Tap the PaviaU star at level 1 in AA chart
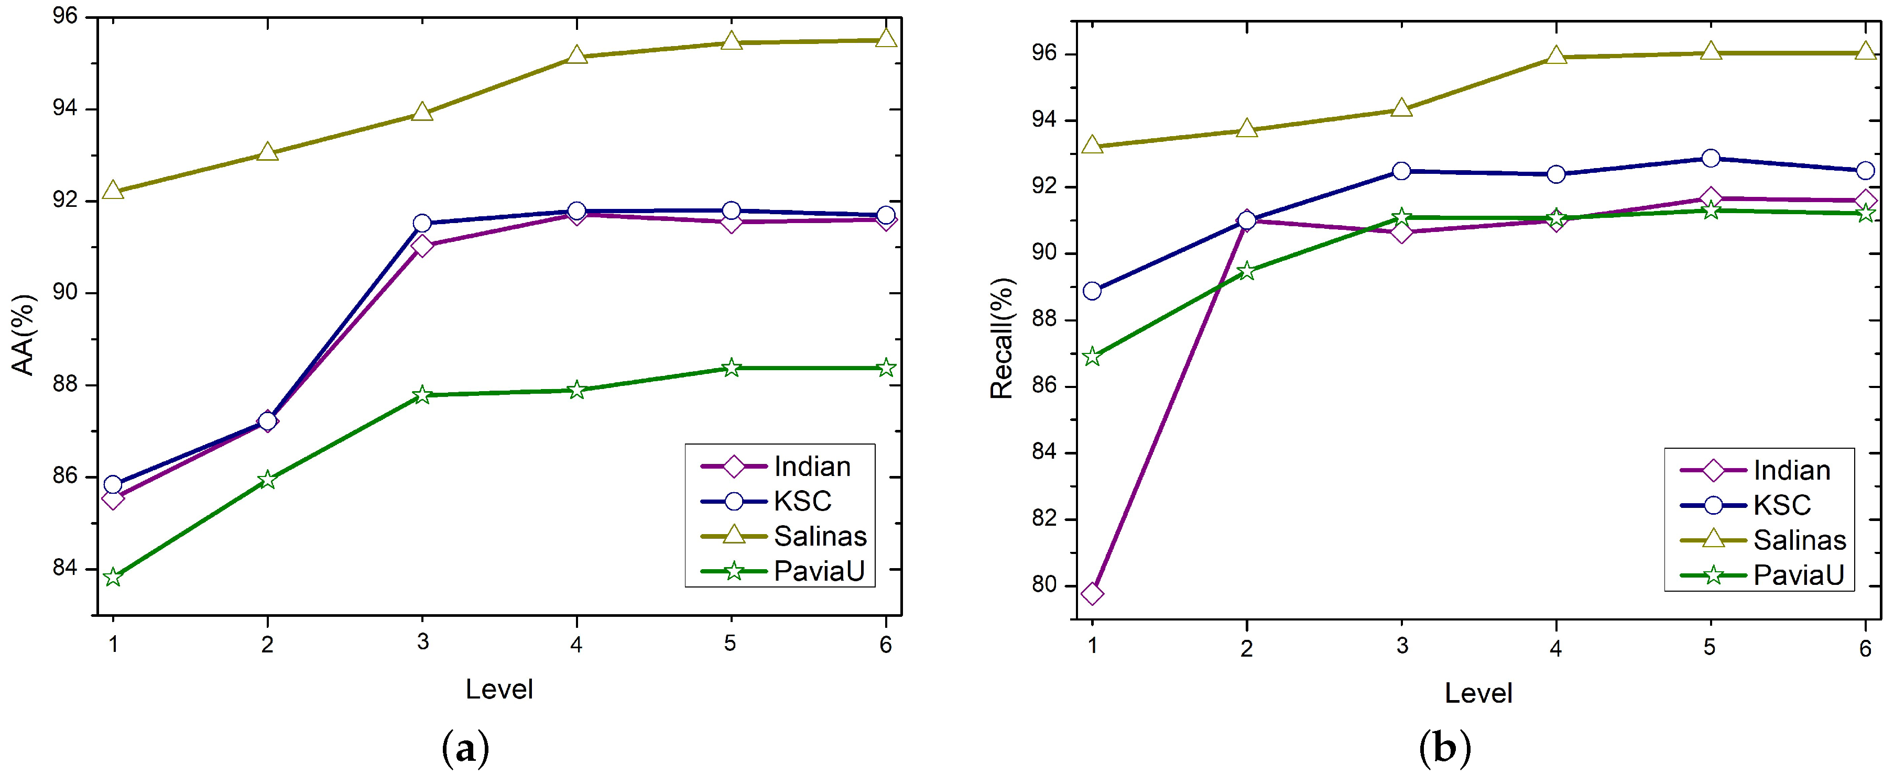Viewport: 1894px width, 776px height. pyautogui.click(x=113, y=578)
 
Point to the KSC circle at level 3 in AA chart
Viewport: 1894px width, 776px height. pyautogui.click(x=422, y=223)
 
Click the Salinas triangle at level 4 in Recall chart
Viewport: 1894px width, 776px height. pyautogui.click(x=1556, y=56)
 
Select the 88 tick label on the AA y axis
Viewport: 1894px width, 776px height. pyautogui.click(x=64, y=384)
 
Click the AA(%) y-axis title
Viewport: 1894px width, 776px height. pyautogui.click(x=24, y=335)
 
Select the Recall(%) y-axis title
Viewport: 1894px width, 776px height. pyautogui.click(x=1002, y=338)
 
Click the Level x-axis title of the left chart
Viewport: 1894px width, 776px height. pyautogui.click(x=499, y=689)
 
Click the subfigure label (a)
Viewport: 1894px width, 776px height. pyautogui.click(x=465, y=749)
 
